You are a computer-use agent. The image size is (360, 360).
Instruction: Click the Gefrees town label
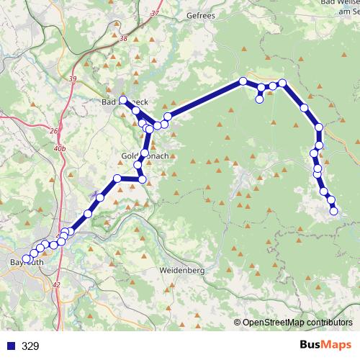(x=200, y=15)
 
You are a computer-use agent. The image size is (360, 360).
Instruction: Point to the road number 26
(x=53, y=131)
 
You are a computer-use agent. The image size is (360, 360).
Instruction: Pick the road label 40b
(x=59, y=148)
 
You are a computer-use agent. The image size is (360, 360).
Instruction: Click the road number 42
(x=56, y=286)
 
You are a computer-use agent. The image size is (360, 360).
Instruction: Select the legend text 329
(x=31, y=346)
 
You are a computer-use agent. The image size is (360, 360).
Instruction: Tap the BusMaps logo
(x=325, y=346)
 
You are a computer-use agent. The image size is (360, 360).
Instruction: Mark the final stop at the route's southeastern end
(x=334, y=211)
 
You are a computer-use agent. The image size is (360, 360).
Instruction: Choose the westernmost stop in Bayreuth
(x=27, y=258)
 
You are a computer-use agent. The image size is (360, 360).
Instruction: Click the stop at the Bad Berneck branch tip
(x=123, y=100)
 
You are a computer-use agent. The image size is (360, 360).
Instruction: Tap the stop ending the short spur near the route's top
(x=259, y=99)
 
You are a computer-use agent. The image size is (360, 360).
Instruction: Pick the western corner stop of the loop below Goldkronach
(x=117, y=178)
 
